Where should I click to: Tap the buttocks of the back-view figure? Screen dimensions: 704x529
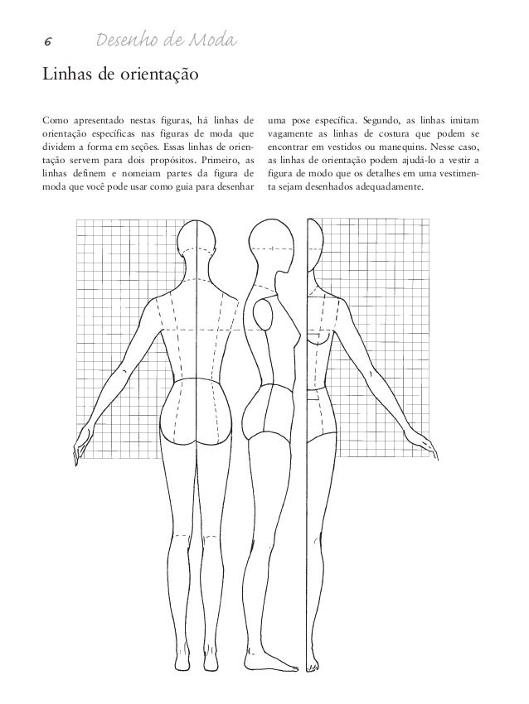(196, 422)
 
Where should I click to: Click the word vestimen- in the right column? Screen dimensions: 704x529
(453, 172)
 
